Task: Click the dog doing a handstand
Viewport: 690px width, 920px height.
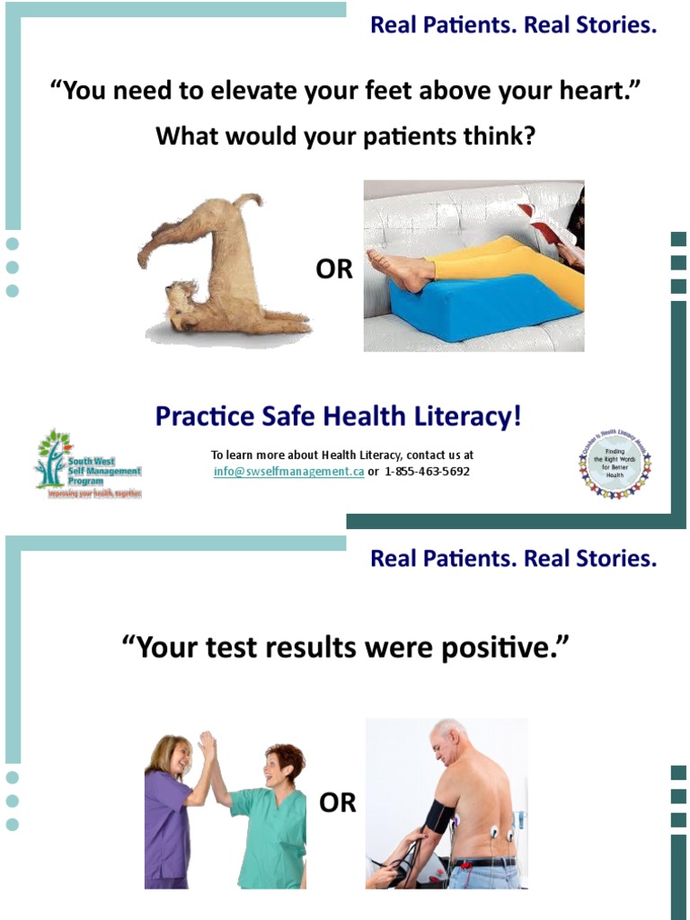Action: (220, 270)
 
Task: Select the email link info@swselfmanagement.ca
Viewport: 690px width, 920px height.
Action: (288, 472)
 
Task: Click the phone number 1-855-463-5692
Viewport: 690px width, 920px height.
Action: (427, 472)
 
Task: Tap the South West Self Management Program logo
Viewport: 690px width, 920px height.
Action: (87, 464)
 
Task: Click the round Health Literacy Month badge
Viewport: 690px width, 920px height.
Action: (615, 464)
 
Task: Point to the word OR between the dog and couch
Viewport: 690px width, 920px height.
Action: (334, 270)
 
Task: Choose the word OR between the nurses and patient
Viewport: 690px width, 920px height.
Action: (338, 802)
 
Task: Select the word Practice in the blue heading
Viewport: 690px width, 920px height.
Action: (200, 417)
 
